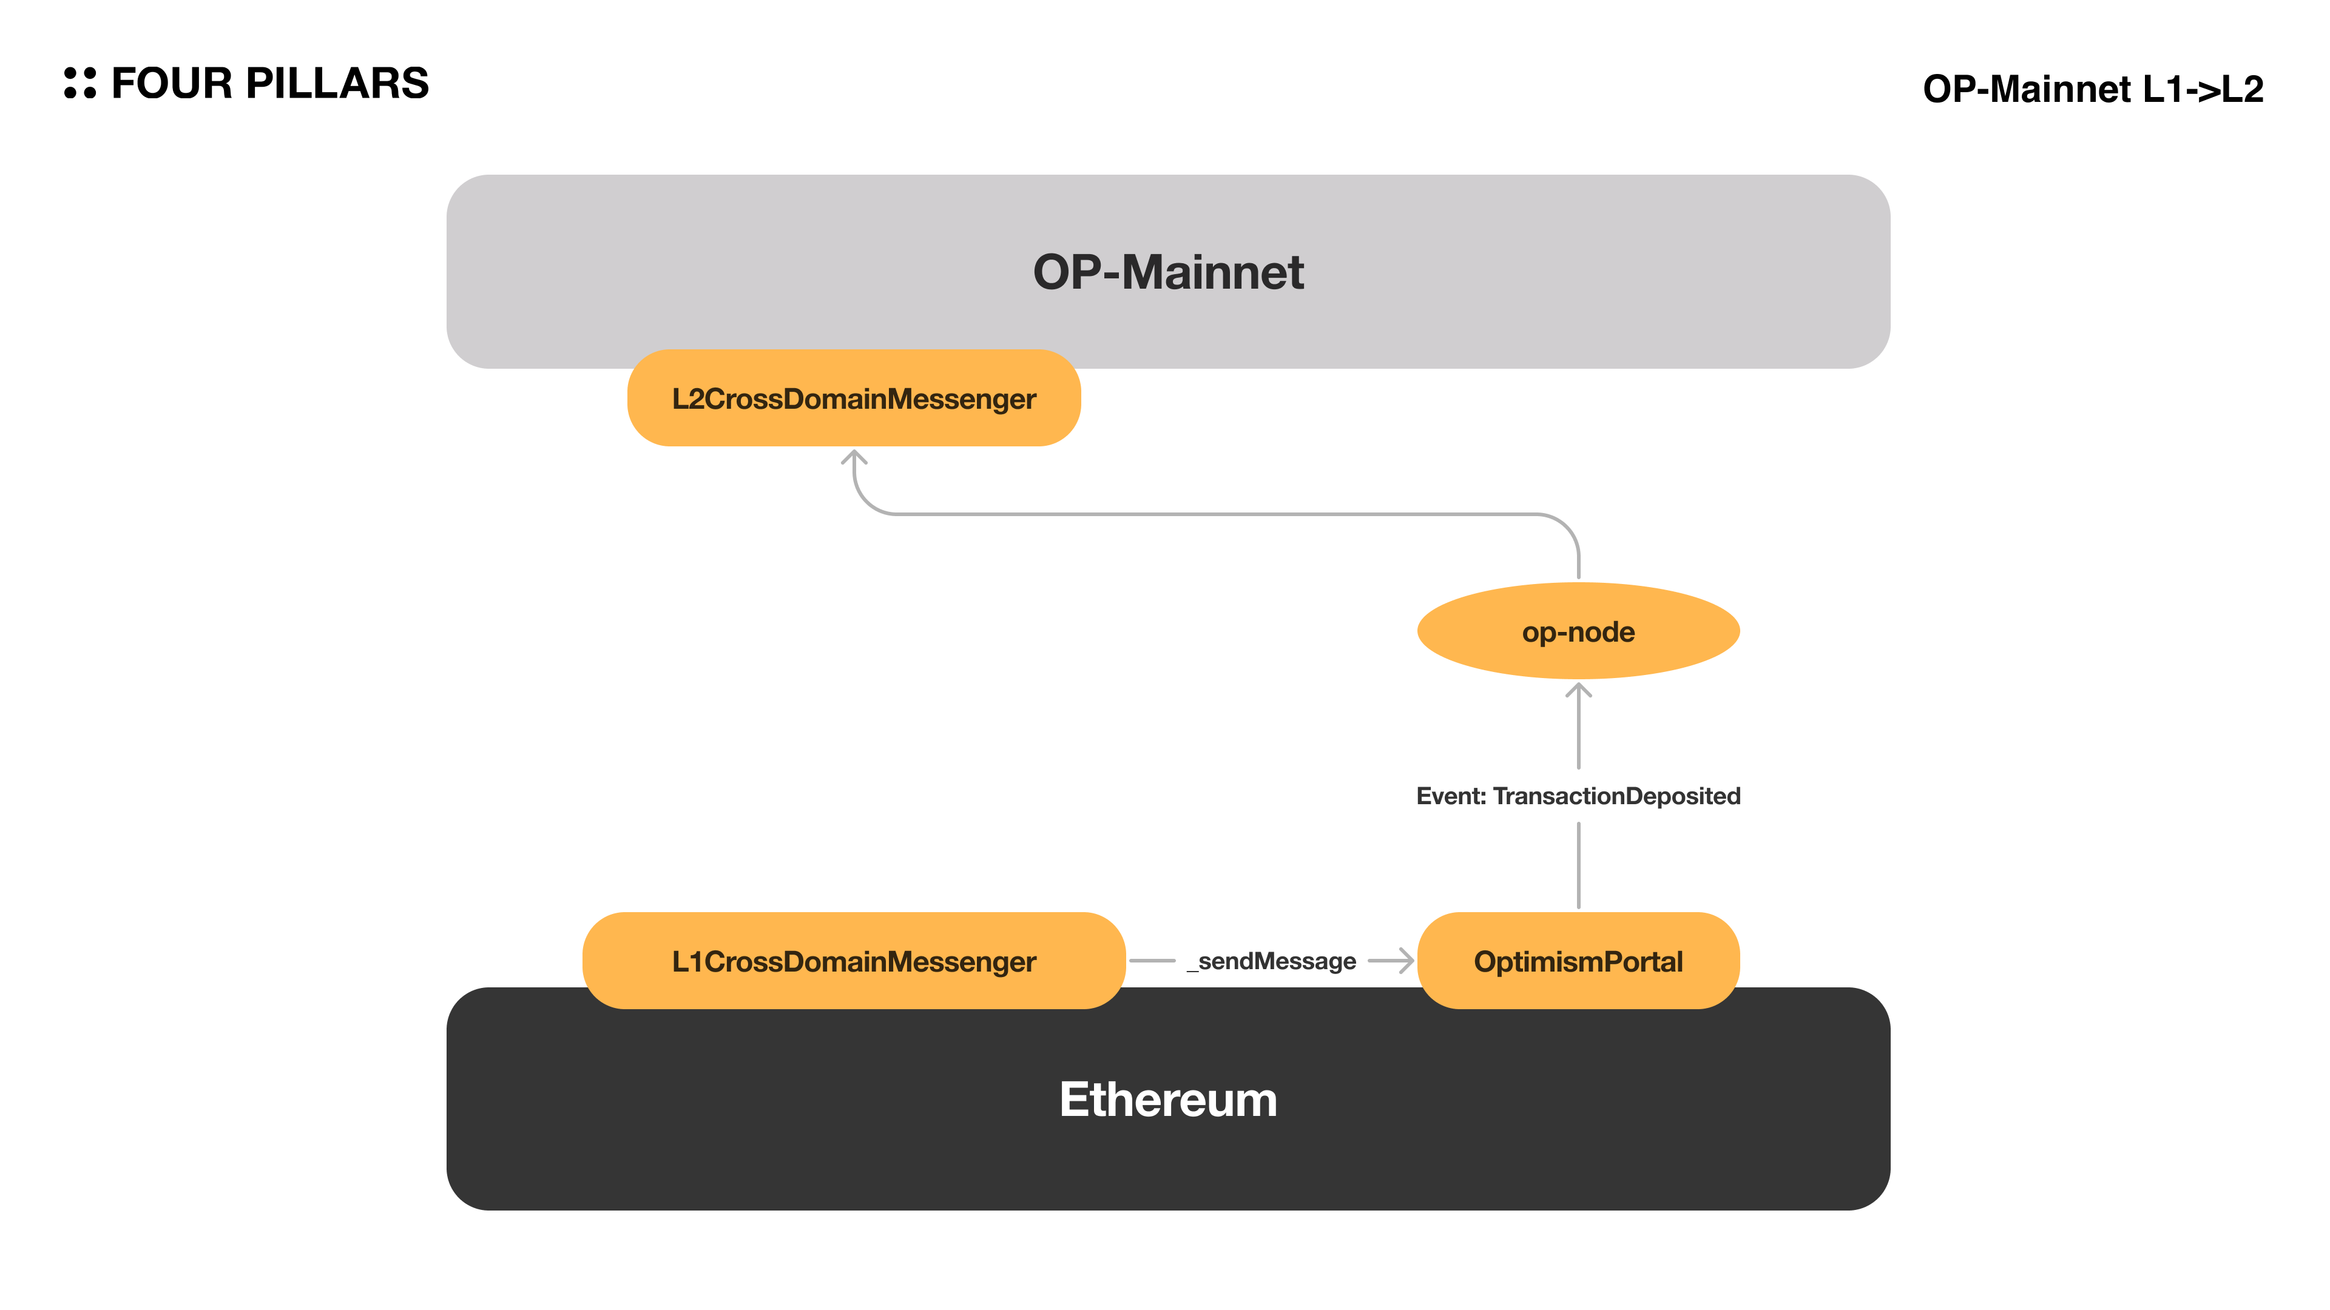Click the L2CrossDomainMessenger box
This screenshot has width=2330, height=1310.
(854, 398)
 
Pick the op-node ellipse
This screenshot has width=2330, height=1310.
(1578, 631)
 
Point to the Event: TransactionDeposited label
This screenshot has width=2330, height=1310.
(1578, 796)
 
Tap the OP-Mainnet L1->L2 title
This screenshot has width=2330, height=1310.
(2092, 89)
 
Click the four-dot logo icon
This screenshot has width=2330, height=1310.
(79, 83)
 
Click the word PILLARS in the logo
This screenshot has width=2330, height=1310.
(337, 83)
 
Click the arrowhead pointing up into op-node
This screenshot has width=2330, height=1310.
(1578, 691)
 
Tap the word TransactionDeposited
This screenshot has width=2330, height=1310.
(1616, 796)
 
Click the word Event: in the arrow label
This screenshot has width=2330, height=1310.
(1451, 796)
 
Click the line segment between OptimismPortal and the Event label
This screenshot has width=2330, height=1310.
(1578, 865)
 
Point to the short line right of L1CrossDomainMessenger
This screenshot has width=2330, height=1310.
(1152, 961)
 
